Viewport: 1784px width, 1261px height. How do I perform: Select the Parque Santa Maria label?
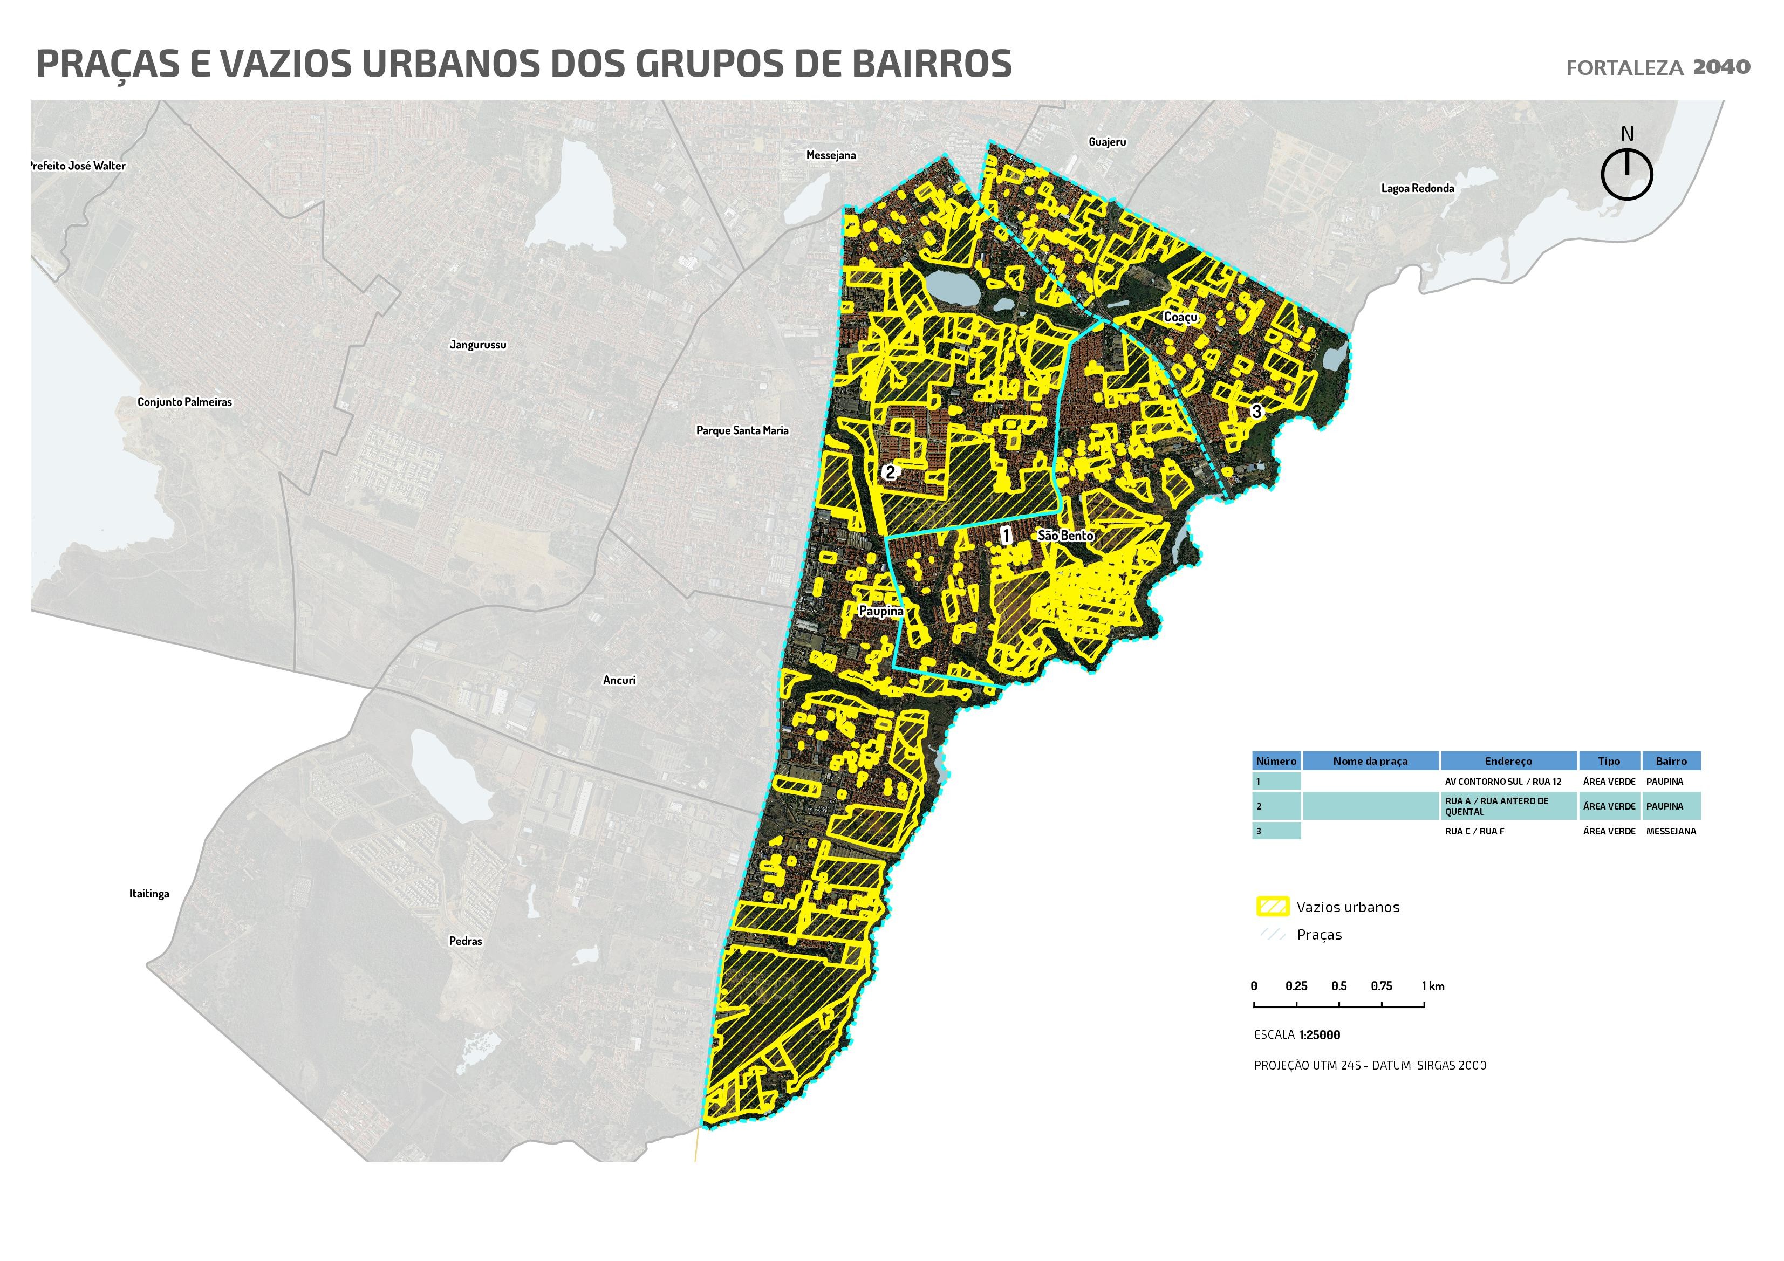(742, 430)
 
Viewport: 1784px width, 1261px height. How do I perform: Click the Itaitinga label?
(149, 894)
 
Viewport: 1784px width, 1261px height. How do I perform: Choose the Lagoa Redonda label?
(1417, 189)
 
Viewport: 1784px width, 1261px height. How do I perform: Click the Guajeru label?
(1106, 142)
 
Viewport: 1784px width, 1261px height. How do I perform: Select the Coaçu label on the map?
(1180, 317)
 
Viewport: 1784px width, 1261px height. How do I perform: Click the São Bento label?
(1066, 536)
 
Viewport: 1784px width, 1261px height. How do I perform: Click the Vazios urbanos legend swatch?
(1272, 907)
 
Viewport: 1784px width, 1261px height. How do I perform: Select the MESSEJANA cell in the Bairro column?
(1671, 831)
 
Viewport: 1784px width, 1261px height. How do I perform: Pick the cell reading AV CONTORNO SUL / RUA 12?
(1503, 782)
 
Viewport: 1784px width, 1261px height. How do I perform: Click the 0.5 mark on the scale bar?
(1339, 986)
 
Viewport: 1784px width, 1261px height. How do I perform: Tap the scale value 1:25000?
(1320, 1036)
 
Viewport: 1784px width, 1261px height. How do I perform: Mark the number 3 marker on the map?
(1256, 411)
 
